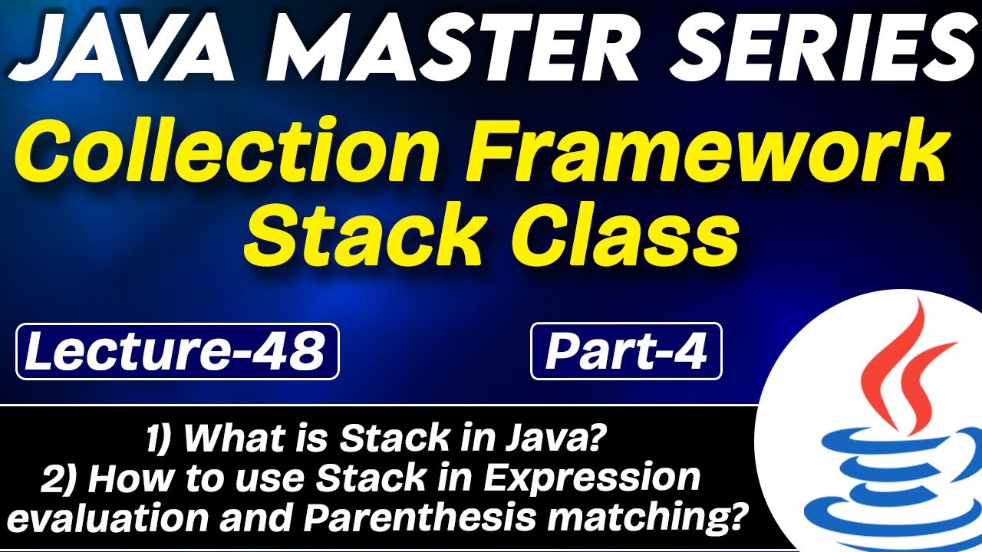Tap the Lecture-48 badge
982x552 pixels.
[x=176, y=351]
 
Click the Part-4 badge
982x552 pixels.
[x=626, y=352]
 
